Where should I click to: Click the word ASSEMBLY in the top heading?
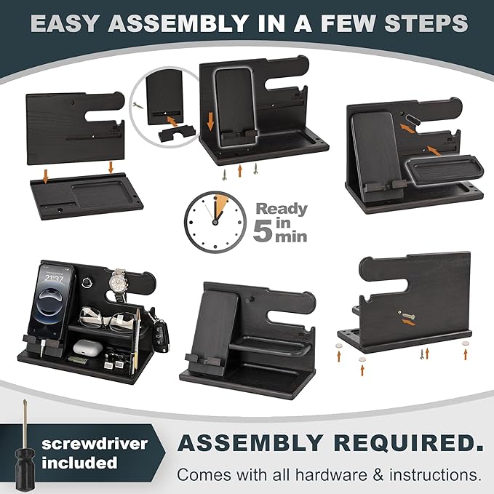point(178,23)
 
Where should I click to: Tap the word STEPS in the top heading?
point(426,23)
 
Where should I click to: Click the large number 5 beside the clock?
point(263,230)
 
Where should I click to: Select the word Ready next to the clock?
point(282,210)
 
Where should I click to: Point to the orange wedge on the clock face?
point(220,203)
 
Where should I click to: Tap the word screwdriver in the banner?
point(95,444)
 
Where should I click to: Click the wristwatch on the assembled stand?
point(119,284)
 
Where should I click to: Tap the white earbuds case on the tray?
point(87,348)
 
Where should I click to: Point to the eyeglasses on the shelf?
point(107,320)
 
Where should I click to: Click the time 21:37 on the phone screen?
point(54,278)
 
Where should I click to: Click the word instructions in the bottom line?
point(435,474)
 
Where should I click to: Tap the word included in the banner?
point(79,463)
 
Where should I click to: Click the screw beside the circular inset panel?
point(138,105)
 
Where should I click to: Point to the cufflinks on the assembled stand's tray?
point(114,362)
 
